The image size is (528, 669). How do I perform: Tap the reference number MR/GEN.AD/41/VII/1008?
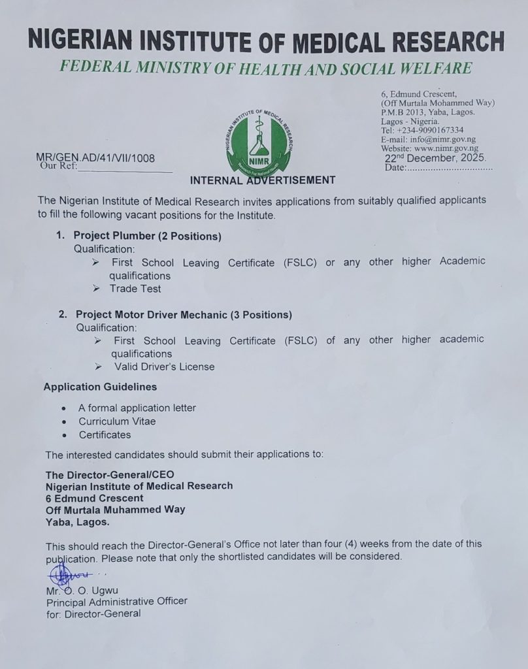[97, 157]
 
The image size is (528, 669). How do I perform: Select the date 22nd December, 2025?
[435, 158]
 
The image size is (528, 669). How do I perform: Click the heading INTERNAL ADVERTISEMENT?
[262, 180]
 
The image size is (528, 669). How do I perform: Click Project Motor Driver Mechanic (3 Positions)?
[184, 314]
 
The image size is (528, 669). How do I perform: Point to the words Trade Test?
[135, 288]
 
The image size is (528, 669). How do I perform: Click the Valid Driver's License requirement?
[163, 367]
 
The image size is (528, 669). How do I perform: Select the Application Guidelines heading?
[100, 387]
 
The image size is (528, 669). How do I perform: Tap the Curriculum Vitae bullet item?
[117, 421]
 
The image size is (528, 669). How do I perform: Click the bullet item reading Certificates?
[105, 434]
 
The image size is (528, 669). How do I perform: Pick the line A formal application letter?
[137, 408]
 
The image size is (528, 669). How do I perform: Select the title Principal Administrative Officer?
[116, 601]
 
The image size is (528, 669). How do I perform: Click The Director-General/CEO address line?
[110, 474]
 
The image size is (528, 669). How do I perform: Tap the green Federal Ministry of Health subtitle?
[264, 69]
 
